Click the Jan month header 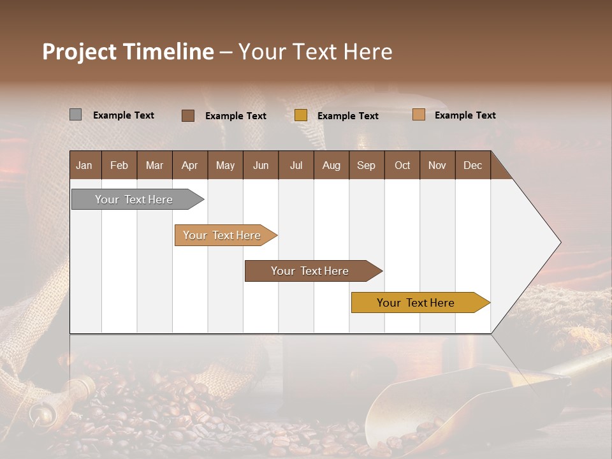pyautogui.click(x=85, y=165)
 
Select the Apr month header pyautogui.click(x=190, y=165)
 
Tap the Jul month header pyautogui.click(x=296, y=165)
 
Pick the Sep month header pyautogui.click(x=367, y=165)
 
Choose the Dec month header pyautogui.click(x=472, y=165)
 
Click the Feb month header pyautogui.click(x=119, y=165)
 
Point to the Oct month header pyautogui.click(x=402, y=165)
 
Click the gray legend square pyautogui.click(x=75, y=115)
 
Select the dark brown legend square pyautogui.click(x=188, y=115)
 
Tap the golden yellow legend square pyautogui.click(x=301, y=115)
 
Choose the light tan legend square pyautogui.click(x=419, y=115)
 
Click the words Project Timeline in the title pyautogui.click(x=128, y=52)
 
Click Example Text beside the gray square pyautogui.click(x=124, y=115)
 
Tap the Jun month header pyautogui.click(x=261, y=165)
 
